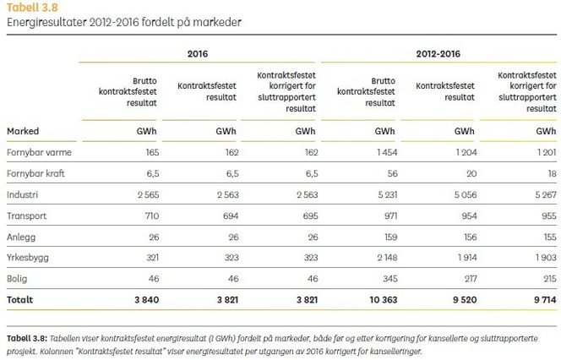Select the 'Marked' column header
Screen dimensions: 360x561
click(x=23, y=131)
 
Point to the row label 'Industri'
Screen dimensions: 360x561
click(x=23, y=194)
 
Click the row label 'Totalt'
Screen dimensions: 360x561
click(x=22, y=298)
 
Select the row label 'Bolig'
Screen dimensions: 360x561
click(x=18, y=277)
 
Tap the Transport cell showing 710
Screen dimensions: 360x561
click(x=151, y=215)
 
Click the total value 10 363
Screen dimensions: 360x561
click(x=381, y=298)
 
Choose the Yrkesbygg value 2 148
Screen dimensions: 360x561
click(x=385, y=256)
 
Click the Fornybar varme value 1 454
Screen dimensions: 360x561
click(x=385, y=153)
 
